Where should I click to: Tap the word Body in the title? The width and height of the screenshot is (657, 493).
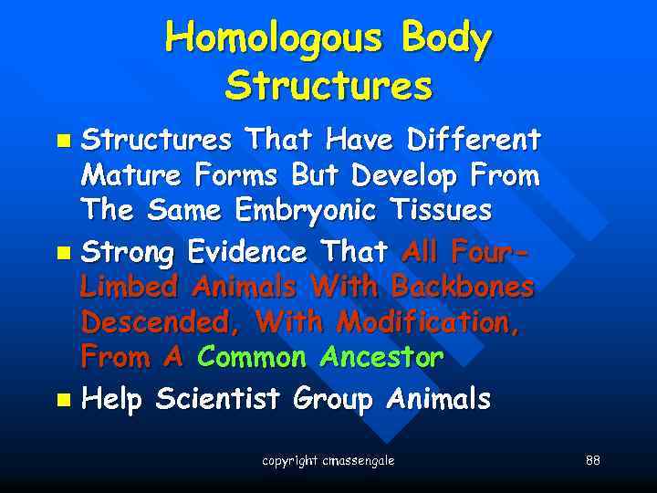coord(438,39)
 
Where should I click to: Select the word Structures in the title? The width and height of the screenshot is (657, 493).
coord(328,87)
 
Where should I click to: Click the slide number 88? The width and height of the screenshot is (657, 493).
coord(593,460)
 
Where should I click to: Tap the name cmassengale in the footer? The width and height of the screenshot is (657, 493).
coord(360,461)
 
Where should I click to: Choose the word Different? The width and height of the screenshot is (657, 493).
coord(474,140)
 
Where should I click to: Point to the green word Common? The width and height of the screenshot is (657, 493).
coord(252,358)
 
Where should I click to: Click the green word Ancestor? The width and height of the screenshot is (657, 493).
coord(381,358)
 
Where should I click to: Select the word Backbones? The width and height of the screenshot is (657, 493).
coord(463,287)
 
